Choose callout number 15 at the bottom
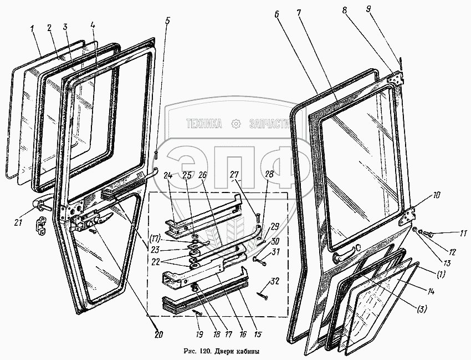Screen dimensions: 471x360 [258, 334]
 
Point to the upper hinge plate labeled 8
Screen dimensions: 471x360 [395, 79]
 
